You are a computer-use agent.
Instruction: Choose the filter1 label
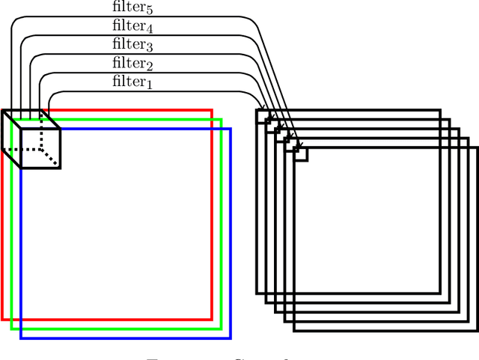(x=132, y=82)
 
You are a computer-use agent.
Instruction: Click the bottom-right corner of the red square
(x=213, y=319)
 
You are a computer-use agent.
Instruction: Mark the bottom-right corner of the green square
(x=222, y=328)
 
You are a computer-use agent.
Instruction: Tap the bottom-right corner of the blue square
(x=231, y=338)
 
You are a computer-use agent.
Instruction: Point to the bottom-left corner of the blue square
(x=21, y=338)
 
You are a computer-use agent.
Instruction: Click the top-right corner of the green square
(x=222, y=119)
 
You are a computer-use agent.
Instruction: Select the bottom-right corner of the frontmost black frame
(x=476, y=329)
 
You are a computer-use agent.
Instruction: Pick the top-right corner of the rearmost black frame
(x=440, y=111)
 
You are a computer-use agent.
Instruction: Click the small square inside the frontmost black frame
(x=301, y=153)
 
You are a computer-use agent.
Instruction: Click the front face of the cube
(x=40, y=148)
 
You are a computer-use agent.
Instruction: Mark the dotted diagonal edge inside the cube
(x=50, y=156)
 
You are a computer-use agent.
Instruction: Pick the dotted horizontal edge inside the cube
(x=22, y=148)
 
